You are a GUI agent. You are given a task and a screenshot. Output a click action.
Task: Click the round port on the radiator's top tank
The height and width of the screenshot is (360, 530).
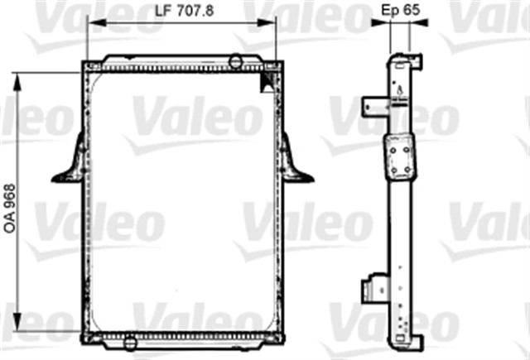[236, 60]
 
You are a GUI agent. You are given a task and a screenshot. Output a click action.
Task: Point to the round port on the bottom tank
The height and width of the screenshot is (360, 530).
[129, 338]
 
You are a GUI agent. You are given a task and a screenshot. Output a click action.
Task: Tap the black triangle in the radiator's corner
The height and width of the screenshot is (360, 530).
[268, 80]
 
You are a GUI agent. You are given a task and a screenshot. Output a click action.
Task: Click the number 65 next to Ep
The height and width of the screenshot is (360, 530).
[415, 10]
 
